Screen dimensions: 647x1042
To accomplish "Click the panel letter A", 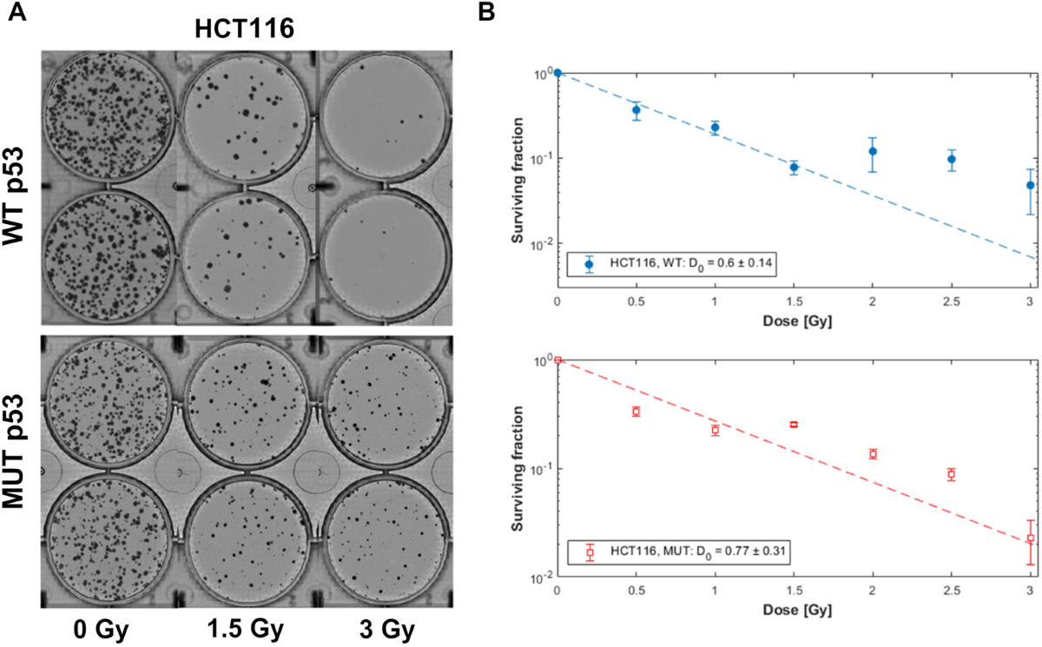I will pyautogui.click(x=15, y=12).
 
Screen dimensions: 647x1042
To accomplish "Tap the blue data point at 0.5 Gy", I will pyautogui.click(x=636, y=110).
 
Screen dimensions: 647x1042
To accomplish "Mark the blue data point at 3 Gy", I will pyautogui.click(x=1030, y=185).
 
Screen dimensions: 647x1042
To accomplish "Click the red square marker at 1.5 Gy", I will pyautogui.click(x=794, y=424).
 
